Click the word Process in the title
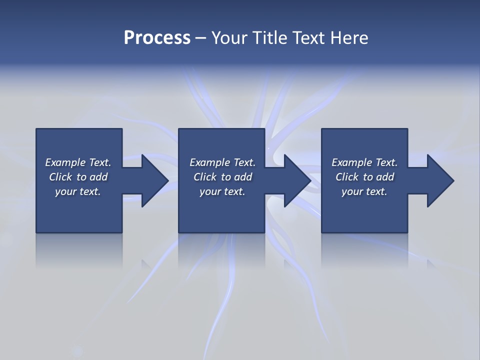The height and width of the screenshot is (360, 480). [x=157, y=38]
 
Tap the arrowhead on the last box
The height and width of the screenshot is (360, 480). [x=439, y=180]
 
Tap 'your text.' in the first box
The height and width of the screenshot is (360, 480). [x=78, y=191]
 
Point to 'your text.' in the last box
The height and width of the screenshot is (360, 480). [x=364, y=191]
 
